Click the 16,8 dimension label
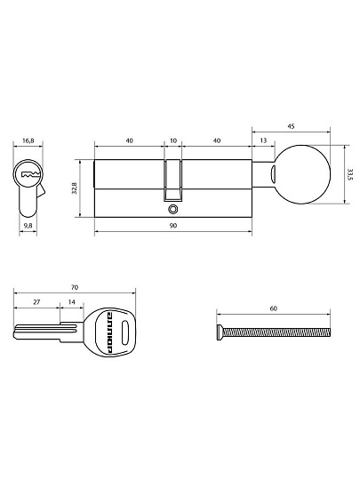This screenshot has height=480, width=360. coord(28,140)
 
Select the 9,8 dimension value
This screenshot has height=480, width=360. coord(28,226)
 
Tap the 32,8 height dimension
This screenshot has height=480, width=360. coord(75,188)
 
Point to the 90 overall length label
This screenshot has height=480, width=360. coord(173,226)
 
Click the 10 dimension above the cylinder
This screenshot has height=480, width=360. coord(173,140)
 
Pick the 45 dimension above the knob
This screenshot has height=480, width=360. coord(292,126)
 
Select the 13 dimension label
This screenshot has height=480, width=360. coord(263,140)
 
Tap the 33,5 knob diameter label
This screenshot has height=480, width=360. coord(350,174)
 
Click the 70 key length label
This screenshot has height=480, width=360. coord(75,287)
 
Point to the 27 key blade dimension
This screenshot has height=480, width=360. coord(36,302)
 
